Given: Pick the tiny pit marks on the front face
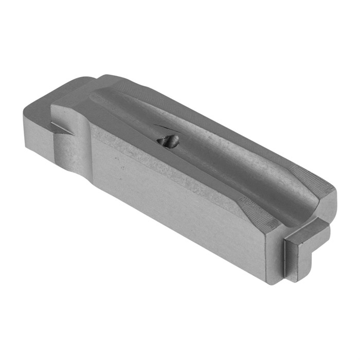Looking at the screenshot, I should pyautogui.click(x=121, y=167).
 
